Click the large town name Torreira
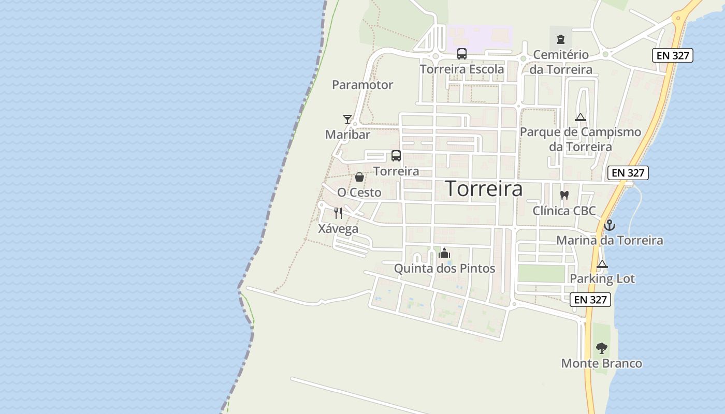click(484, 189)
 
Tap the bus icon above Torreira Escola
click(461, 54)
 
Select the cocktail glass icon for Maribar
click(347, 120)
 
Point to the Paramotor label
click(363, 85)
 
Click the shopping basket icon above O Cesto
click(359, 178)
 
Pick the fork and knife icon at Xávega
click(338, 213)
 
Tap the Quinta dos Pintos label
click(444, 269)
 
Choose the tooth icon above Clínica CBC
click(564, 196)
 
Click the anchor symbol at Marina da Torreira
click(610, 225)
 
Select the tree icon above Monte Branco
click(601, 348)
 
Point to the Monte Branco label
click(601, 364)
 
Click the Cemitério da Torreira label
click(561, 62)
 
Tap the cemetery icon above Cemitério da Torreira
click(560, 39)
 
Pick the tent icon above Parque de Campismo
click(580, 117)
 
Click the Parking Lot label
click(602, 279)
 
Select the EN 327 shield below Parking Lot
click(590, 300)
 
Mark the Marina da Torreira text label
click(610, 241)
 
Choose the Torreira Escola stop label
click(461, 69)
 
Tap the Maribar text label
click(347, 135)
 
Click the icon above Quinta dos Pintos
click(444, 254)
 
